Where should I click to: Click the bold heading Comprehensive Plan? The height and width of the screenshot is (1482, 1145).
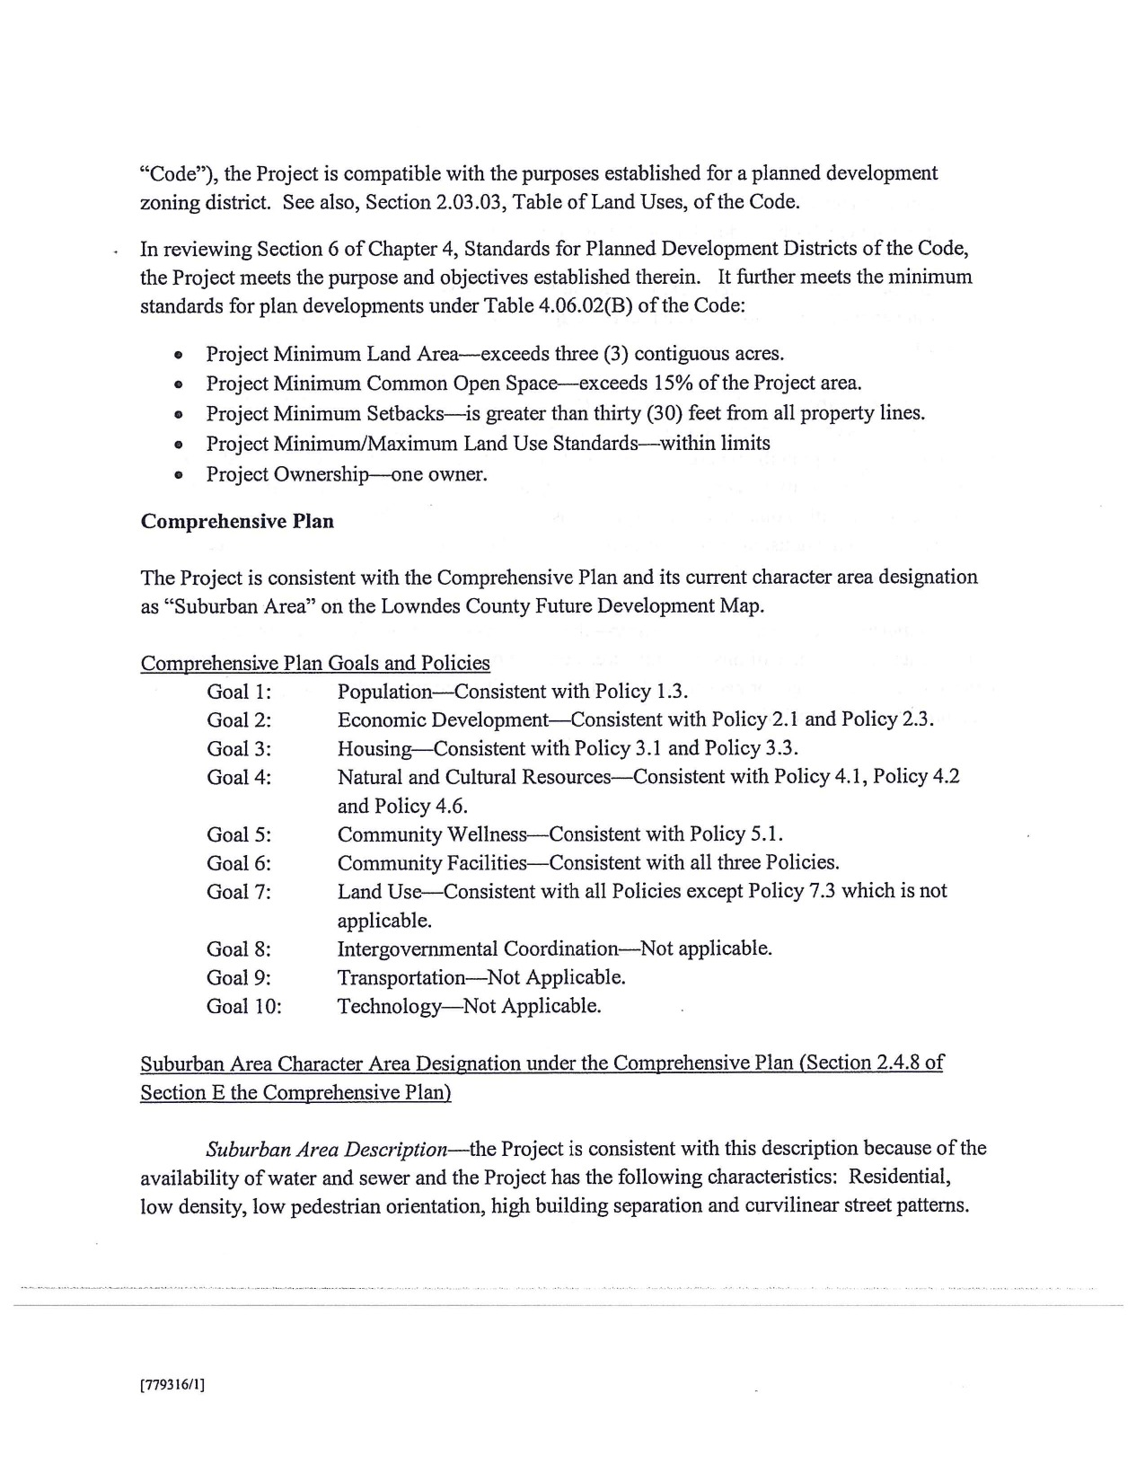pos(237,522)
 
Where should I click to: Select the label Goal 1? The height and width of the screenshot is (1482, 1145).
pos(239,692)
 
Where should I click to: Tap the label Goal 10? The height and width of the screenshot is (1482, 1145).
pos(244,1006)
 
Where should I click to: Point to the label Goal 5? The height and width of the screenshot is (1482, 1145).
pos(239,834)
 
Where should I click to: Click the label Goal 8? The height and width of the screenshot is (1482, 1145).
pos(239,949)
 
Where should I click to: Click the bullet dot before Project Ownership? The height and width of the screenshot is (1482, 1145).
pos(180,475)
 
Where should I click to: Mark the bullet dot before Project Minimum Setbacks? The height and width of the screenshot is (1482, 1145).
pos(180,415)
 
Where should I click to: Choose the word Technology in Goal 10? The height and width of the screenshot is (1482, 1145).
pos(389,1006)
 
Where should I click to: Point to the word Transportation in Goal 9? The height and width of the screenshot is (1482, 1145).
pos(401,977)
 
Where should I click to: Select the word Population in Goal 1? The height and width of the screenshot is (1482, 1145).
pos(384,692)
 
